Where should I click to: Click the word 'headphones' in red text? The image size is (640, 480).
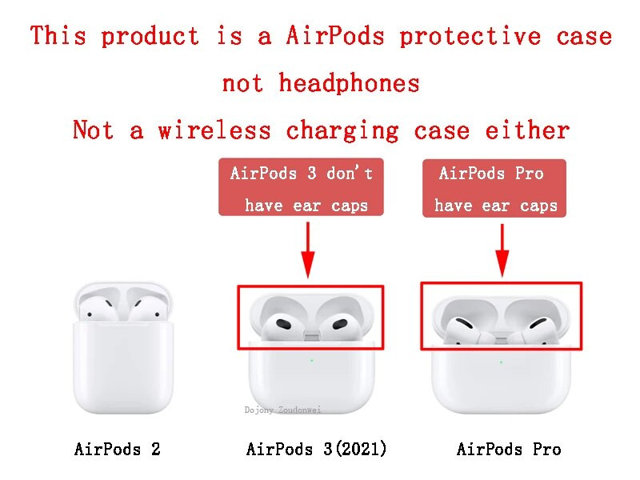point(349,82)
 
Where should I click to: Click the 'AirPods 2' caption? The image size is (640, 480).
point(118,450)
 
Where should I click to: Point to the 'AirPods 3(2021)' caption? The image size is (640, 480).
point(317,450)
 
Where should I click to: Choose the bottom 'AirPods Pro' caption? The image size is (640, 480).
point(509,450)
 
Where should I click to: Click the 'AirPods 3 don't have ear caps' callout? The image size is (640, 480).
point(301,189)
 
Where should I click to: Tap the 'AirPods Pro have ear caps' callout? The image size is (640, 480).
point(494,189)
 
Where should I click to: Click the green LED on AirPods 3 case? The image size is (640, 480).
point(311,360)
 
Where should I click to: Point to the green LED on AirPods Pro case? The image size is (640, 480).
point(501,362)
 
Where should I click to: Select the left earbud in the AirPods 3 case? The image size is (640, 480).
point(282,323)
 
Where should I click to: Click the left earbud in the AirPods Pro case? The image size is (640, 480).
point(465,327)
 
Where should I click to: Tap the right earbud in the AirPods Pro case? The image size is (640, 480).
point(534,327)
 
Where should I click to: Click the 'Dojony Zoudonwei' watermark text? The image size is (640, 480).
point(282,410)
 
